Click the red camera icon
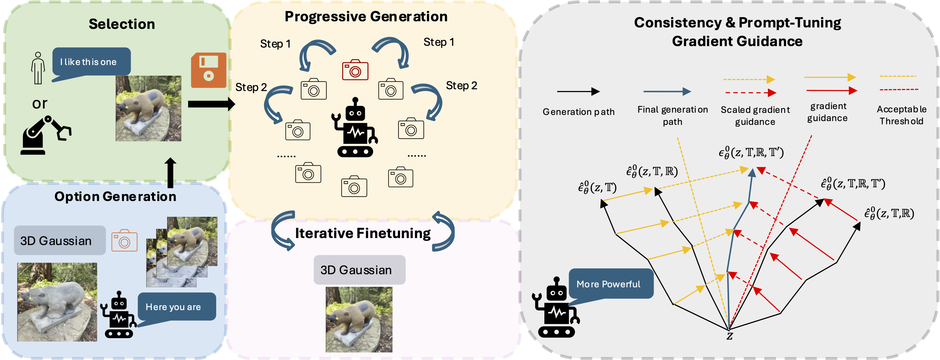pos(355,70)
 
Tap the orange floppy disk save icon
pos(208,70)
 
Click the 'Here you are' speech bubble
pos(177,306)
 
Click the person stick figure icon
pos(38,68)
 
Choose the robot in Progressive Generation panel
pos(355,128)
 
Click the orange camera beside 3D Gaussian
pos(124,241)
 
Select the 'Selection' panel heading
pos(122,24)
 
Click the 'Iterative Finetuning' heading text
pos(363,233)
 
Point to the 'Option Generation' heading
pos(115,197)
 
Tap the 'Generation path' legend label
pos(578,112)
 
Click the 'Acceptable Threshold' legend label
pos(901,115)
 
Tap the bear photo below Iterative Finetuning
pos(359,319)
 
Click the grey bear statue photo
pos(57,302)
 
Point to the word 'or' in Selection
pos(40,104)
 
